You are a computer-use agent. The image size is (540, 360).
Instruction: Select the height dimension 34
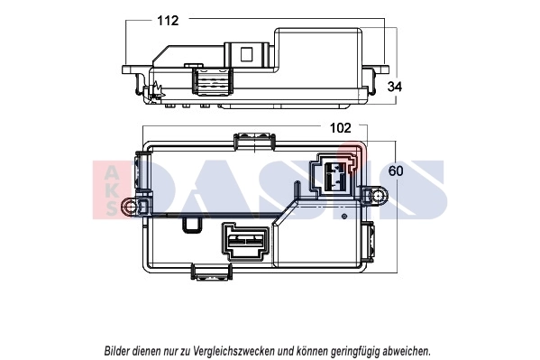[x=395, y=87]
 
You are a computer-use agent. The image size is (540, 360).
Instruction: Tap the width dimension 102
[x=339, y=128]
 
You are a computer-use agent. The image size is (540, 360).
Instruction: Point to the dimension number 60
[x=395, y=171]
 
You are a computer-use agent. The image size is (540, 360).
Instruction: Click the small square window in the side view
[x=244, y=53]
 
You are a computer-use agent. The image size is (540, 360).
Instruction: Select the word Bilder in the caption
[x=123, y=349]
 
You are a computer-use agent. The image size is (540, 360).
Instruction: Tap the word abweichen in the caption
[x=406, y=349]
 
